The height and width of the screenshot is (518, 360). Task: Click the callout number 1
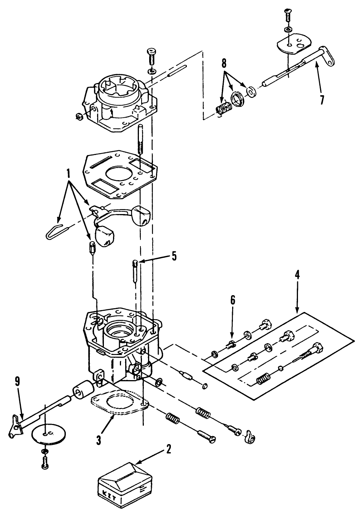click(69, 174)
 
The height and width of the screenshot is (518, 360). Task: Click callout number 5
click(174, 256)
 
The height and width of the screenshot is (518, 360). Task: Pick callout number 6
click(233, 301)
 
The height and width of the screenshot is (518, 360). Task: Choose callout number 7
click(322, 100)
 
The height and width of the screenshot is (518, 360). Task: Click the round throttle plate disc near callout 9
click(45, 433)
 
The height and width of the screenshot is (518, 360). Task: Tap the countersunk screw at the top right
click(288, 16)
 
